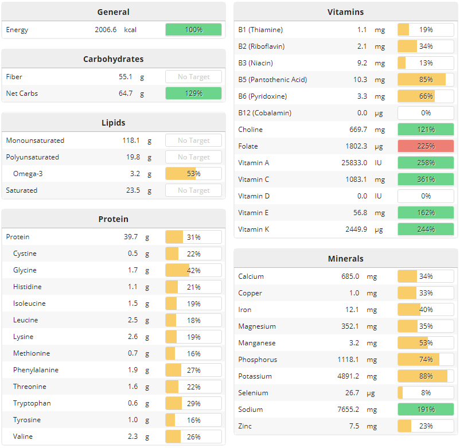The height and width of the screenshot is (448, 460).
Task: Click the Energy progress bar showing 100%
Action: pyautogui.click(x=193, y=30)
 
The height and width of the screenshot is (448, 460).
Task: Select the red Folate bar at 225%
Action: pyautogui.click(x=426, y=146)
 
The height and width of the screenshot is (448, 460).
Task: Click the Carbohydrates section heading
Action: pyautogui.click(x=113, y=59)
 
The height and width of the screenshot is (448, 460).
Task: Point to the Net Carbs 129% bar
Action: pyautogui.click(x=193, y=94)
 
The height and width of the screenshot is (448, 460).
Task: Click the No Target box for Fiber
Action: pyautogui.click(x=193, y=77)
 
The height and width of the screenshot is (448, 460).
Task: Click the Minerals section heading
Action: pyautogui.click(x=345, y=259)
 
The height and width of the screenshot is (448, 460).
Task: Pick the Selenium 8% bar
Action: pyautogui.click(x=426, y=393)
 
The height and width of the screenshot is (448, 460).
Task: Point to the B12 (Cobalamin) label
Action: pyautogui.click(x=267, y=113)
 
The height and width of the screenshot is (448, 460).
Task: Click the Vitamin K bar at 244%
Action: pyautogui.click(x=426, y=229)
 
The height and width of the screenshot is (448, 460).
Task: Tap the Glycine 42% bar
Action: pyautogui.click(x=193, y=270)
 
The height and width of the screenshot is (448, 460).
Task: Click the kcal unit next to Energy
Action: pyautogui.click(x=130, y=30)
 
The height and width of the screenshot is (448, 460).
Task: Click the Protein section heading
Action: pyautogui.click(x=113, y=219)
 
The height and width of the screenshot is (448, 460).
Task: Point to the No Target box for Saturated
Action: pyautogui.click(x=193, y=190)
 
